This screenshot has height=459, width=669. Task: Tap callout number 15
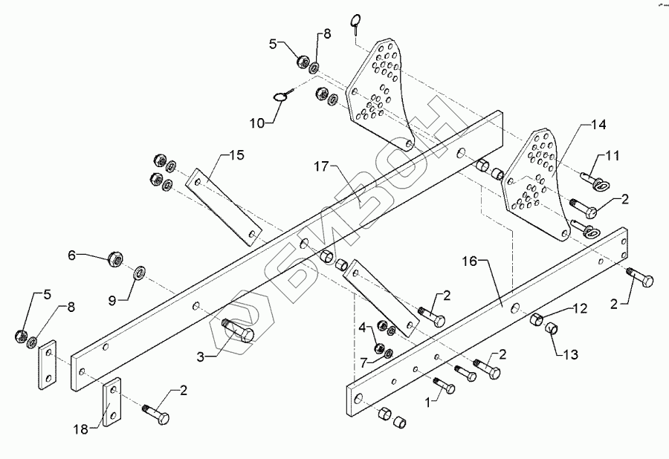236,155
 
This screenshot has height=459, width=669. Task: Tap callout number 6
72,255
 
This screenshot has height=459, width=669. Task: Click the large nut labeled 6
115,259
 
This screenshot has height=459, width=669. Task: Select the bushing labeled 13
550,328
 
